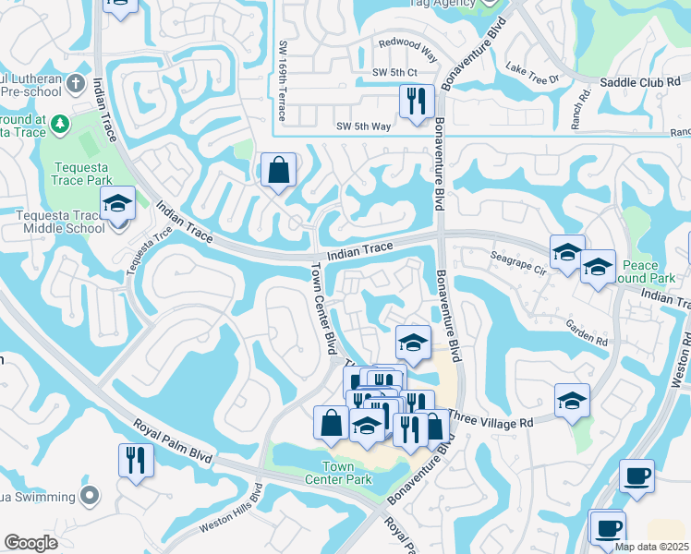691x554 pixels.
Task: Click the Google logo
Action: point(30,543)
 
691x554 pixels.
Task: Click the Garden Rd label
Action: point(588,333)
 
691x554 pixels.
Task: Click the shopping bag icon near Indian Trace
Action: point(278,170)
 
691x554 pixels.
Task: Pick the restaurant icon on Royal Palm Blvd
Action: point(136,459)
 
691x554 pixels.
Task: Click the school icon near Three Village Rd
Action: point(572,401)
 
